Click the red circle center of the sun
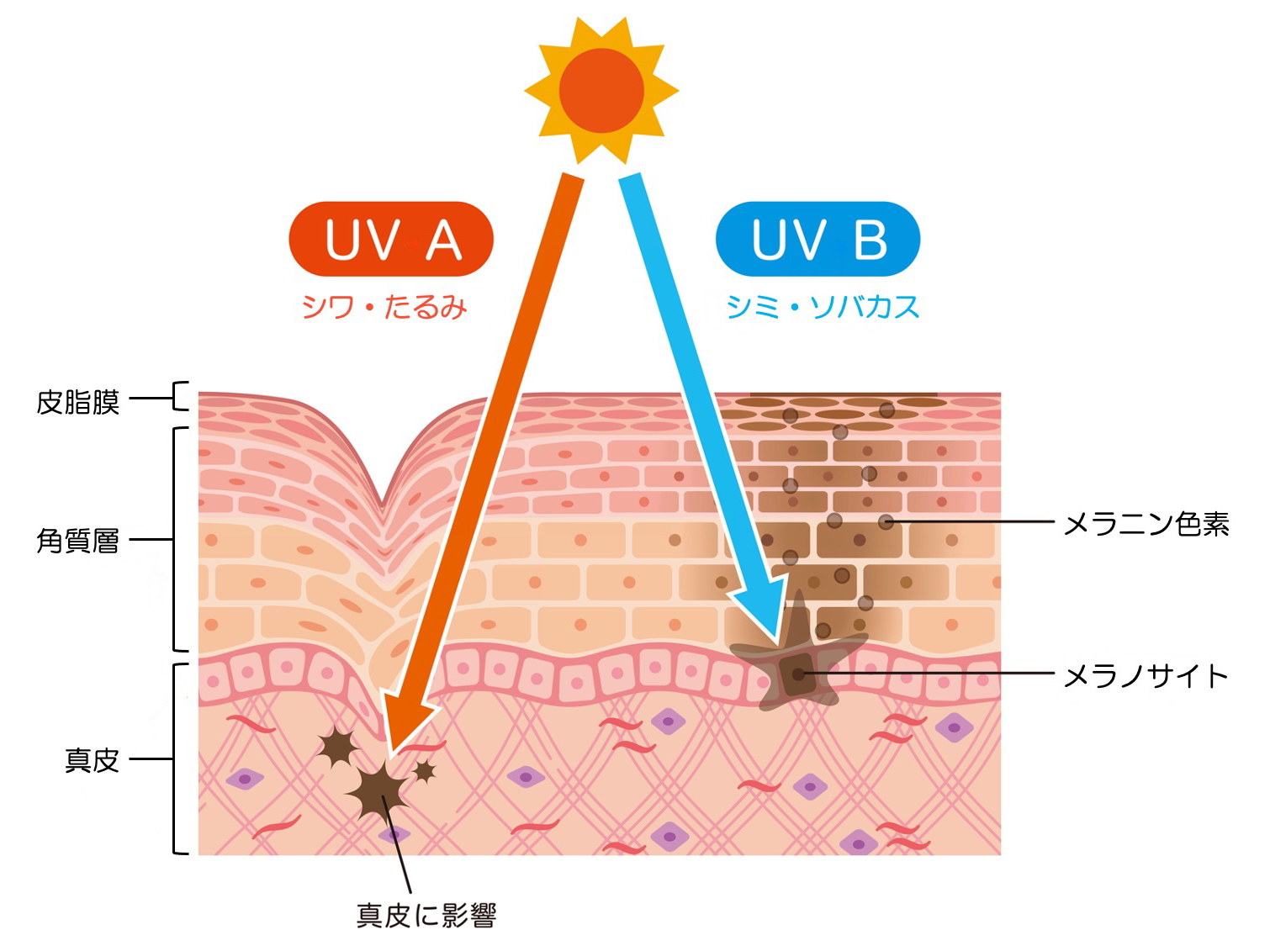(x=601, y=91)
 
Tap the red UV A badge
(x=391, y=239)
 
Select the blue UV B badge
(x=818, y=239)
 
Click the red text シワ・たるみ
(x=384, y=308)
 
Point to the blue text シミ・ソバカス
(x=823, y=308)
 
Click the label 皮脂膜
(x=78, y=403)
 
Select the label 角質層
(x=78, y=541)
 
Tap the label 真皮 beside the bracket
(x=92, y=760)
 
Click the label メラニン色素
(x=1146, y=524)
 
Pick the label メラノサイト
(x=1146, y=676)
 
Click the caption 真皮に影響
(x=426, y=916)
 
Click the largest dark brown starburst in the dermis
(x=378, y=790)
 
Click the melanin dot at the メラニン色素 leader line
(x=886, y=521)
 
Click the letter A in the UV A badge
(x=444, y=240)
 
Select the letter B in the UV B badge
(x=870, y=240)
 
